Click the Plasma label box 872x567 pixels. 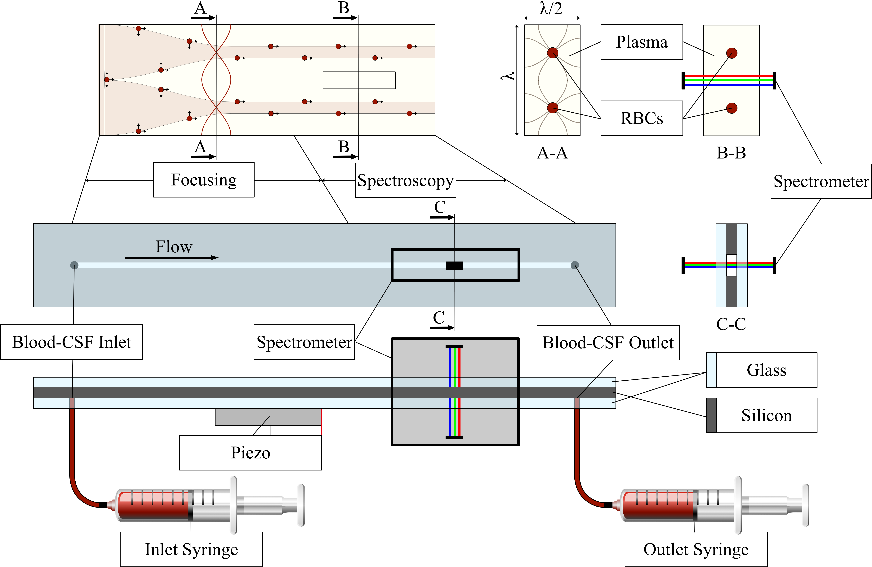642,42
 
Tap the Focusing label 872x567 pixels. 204,180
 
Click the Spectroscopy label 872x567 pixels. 405,180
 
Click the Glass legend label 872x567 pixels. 767,370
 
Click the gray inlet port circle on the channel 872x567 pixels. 74,265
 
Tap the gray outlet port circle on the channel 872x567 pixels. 575,265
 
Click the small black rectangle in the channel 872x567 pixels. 454,266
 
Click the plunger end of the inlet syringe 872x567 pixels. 300,505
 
